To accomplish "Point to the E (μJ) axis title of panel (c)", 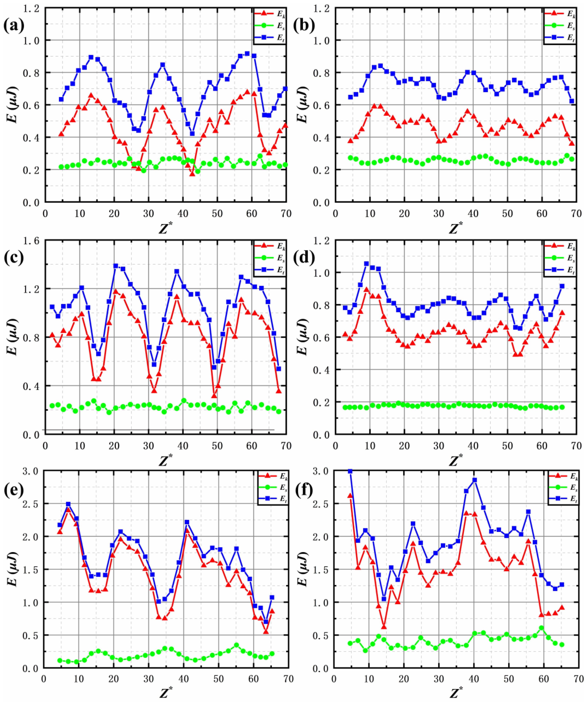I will pos(13,338).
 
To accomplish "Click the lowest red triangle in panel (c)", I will pos(214,396).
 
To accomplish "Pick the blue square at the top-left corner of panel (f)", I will pos(350,471).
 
